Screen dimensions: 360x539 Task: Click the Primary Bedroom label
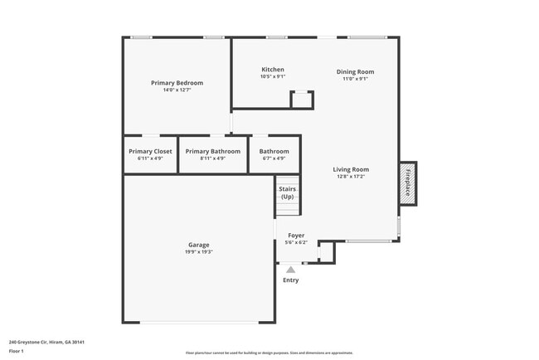click(177, 83)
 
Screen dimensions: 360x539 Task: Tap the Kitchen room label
click(273, 70)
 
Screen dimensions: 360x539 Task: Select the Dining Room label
click(355, 71)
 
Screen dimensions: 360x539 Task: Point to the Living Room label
click(351, 169)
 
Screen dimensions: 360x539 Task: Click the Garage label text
click(198, 245)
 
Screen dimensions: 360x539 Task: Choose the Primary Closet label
click(151, 152)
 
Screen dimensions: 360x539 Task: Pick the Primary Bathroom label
click(213, 152)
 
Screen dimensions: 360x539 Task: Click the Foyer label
click(296, 236)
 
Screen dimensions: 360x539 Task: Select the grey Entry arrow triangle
click(290, 269)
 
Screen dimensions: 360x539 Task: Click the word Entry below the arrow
click(290, 280)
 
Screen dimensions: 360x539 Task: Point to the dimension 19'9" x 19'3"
click(198, 252)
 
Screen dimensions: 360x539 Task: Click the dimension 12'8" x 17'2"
click(351, 177)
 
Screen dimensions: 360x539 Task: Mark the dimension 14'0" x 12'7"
click(177, 90)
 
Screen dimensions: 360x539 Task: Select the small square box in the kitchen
click(302, 100)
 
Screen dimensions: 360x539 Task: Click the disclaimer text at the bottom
click(269, 353)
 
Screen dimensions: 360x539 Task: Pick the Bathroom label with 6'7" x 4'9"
click(274, 152)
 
